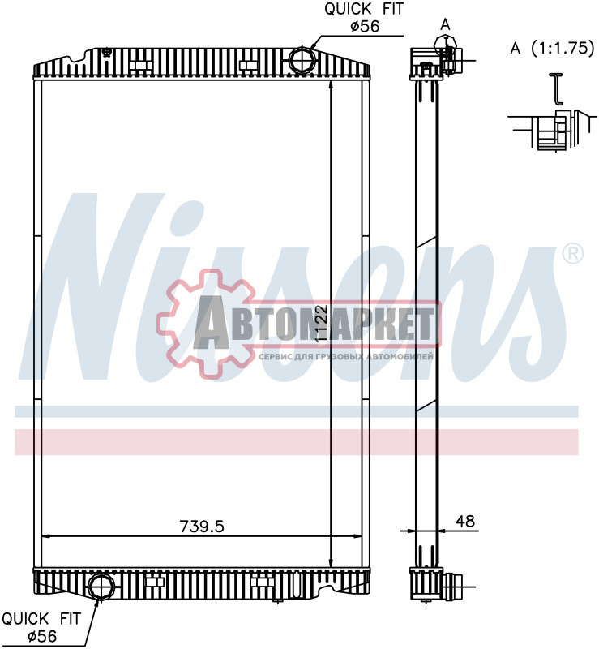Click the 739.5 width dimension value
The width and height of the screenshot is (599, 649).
coord(202,526)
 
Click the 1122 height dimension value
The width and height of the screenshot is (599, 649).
coord(321,323)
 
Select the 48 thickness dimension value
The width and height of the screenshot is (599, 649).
coord(464,521)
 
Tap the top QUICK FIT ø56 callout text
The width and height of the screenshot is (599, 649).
coord(364,17)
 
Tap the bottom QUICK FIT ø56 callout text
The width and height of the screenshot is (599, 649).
coord(41,627)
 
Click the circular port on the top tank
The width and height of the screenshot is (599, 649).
coord(302,60)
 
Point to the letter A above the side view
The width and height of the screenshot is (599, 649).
coord(445,25)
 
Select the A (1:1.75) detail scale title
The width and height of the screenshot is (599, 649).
coord(552,49)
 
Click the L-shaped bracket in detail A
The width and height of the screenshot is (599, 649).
coord(557,88)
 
